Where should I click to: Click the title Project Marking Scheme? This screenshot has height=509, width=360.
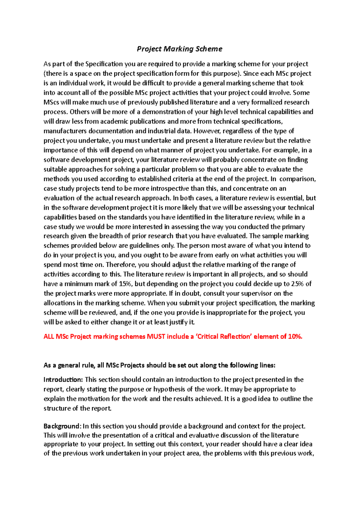coord(179,49)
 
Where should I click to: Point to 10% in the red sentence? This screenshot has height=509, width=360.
coord(295,336)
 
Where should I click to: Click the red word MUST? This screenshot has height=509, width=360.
coord(156,336)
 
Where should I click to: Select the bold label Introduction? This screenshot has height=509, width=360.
coord(63,380)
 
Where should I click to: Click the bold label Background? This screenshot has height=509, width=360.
coord(62,426)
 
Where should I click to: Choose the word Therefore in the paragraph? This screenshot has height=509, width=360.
coord(121,264)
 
